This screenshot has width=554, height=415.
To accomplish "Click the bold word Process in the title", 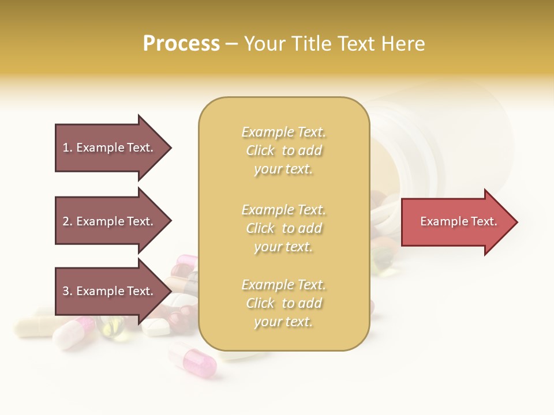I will coord(181,44).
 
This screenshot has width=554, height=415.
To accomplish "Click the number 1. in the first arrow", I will coord(68,148).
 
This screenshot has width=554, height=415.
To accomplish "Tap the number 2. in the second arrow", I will coord(68,221).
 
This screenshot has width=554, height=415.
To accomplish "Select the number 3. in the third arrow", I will coord(68,291).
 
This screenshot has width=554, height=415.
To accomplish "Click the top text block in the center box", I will coord(283,150).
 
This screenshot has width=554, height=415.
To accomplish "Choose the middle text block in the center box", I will coord(283,228).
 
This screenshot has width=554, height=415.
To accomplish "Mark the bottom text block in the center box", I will coord(283,303).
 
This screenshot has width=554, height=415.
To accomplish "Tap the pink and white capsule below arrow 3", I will coord(73,333).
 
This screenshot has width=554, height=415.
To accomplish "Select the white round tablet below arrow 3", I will coord(156,327).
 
